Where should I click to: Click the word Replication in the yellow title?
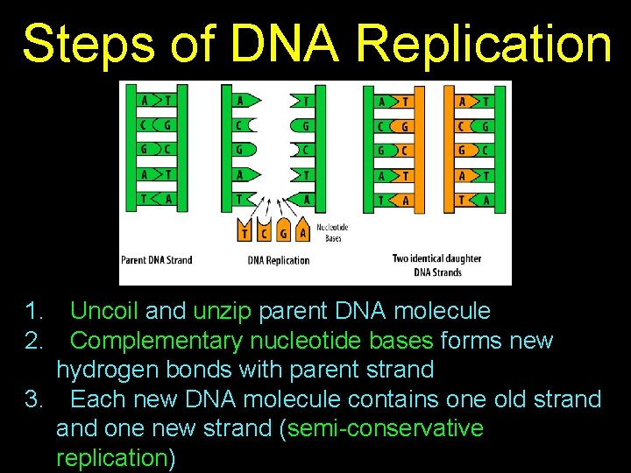click(x=485, y=44)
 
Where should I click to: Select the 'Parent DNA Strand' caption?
click(x=156, y=260)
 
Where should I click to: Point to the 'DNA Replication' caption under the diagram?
click(x=279, y=260)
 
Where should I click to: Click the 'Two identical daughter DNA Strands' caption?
click(x=436, y=265)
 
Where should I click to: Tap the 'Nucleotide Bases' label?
click(x=332, y=232)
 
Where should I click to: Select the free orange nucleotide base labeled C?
click(x=265, y=231)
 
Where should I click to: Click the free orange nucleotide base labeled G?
click(x=283, y=231)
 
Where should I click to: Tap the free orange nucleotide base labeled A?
click(x=302, y=231)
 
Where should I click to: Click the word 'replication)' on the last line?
click(x=115, y=458)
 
